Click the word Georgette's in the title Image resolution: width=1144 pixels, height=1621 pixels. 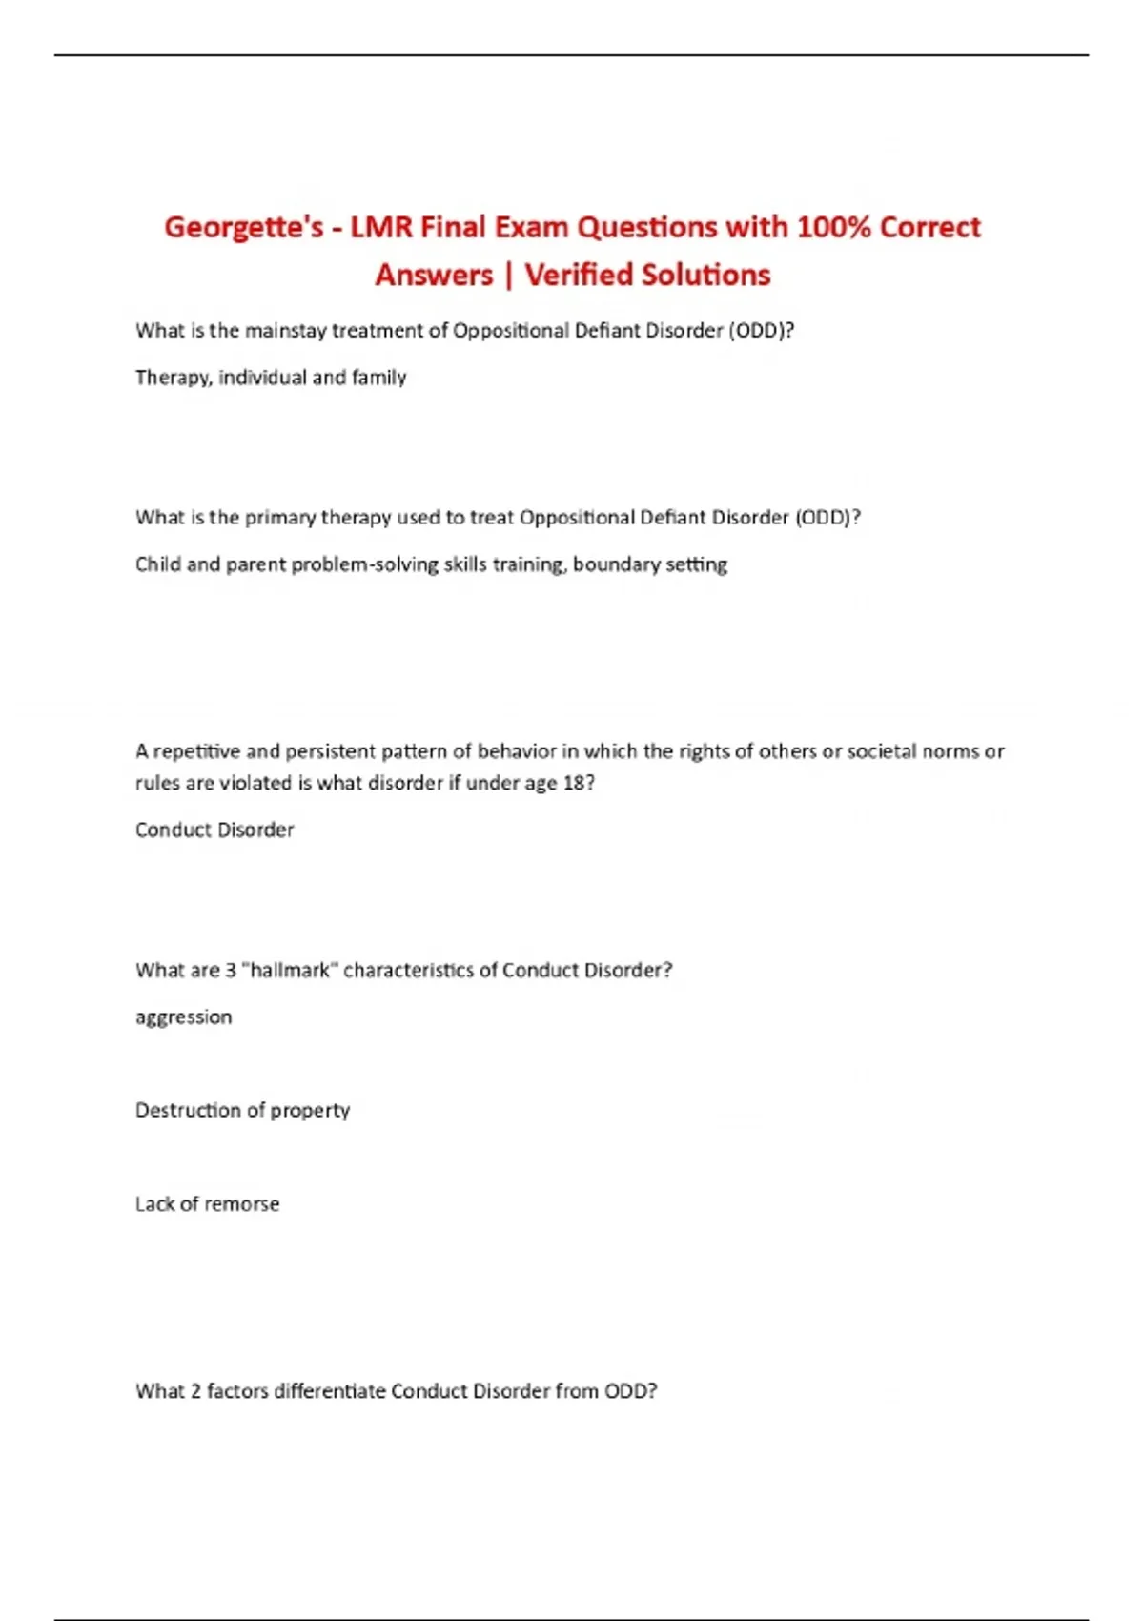pyautogui.click(x=244, y=228)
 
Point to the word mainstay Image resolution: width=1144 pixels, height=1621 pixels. pyautogui.click(x=285, y=331)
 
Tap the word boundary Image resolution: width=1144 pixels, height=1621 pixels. pyautogui.click(x=615, y=564)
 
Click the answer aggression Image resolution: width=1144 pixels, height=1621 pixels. pyautogui.click(x=183, y=1017)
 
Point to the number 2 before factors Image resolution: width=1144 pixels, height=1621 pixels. pyautogui.click(x=195, y=1391)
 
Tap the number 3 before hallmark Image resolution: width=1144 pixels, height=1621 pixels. pyautogui.click(x=231, y=970)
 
